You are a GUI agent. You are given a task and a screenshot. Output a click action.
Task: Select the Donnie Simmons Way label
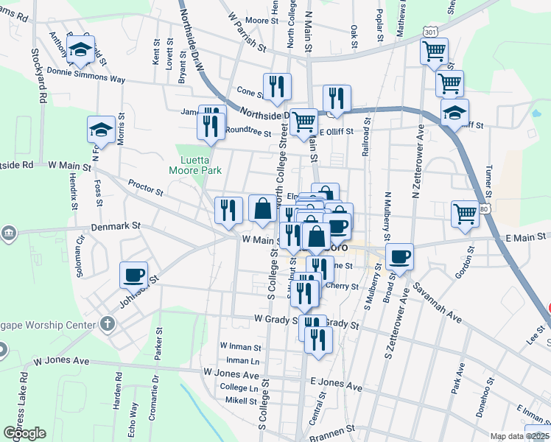85,76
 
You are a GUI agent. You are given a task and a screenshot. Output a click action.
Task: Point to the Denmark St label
116,228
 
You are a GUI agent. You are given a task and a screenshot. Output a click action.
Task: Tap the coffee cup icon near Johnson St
134,276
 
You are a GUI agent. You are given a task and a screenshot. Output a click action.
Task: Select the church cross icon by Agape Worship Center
108,323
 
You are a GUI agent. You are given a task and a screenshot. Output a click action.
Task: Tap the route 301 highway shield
432,32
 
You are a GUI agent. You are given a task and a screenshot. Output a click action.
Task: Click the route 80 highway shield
482,209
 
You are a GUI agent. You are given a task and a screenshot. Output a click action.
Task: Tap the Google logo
25,433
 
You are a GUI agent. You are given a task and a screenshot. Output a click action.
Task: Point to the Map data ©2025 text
520,436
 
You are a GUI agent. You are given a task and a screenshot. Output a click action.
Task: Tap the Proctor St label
145,188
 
